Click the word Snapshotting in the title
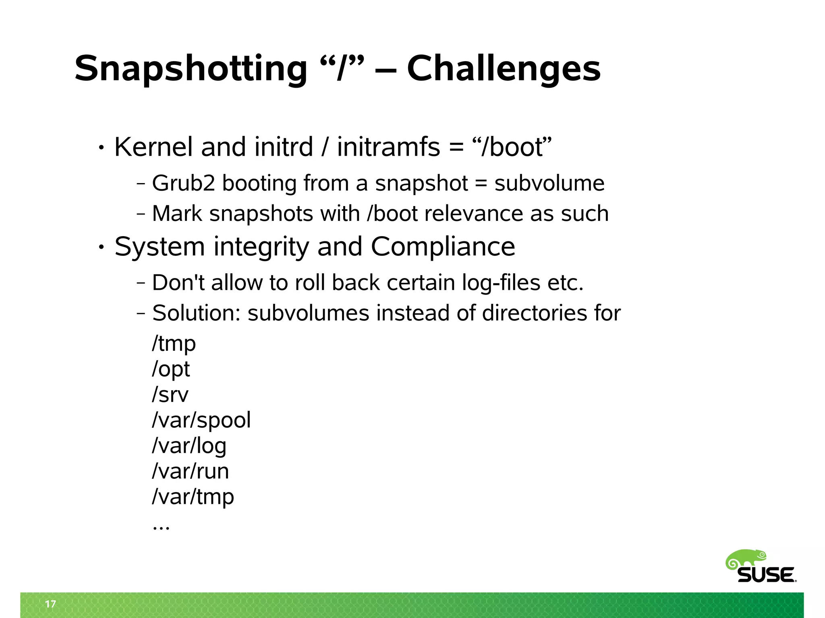coord(191,68)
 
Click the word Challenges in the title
coord(504,68)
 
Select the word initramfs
coord(388,147)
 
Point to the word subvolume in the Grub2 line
coord(549,183)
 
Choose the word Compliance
coord(443,246)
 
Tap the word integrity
coord(261,246)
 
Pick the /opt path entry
coord(171,369)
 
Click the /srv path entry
coord(170,395)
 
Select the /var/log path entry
coord(189,446)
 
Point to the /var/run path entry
coord(190,471)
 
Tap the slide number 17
coord(50,604)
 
